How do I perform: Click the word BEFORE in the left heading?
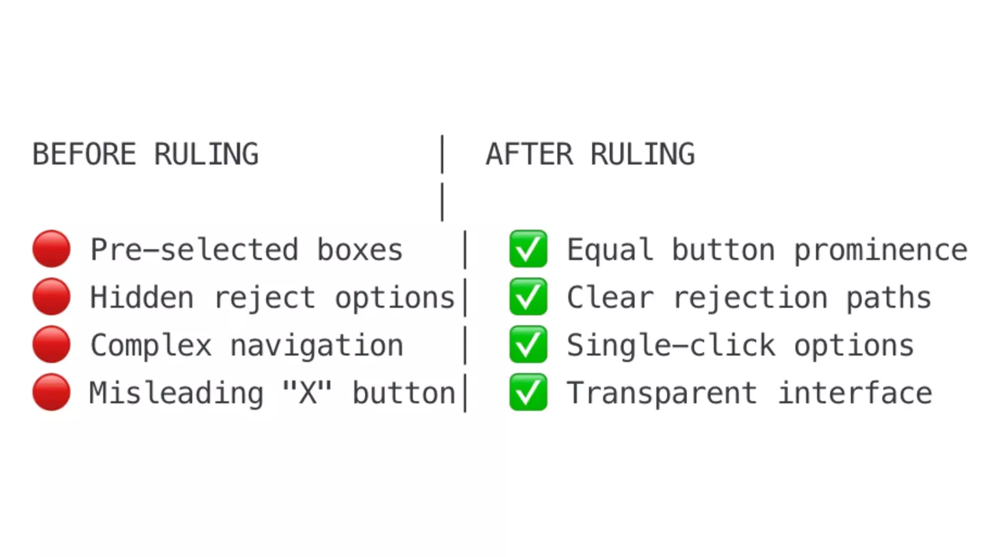pyautogui.click(x=84, y=154)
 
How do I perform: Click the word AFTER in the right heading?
pyautogui.click(x=530, y=154)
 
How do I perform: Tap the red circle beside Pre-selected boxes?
pyautogui.click(x=52, y=249)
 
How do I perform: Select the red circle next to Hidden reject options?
pyautogui.click(x=52, y=297)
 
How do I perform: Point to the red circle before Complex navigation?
pyautogui.click(x=52, y=344)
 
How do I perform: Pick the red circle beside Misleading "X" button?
pyautogui.click(x=52, y=392)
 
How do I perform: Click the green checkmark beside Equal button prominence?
pyautogui.click(x=528, y=249)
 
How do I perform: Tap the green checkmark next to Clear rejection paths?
pyautogui.click(x=528, y=297)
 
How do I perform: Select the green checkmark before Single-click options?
pyautogui.click(x=528, y=344)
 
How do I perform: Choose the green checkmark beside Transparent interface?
pyautogui.click(x=528, y=392)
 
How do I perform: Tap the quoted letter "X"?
pyautogui.click(x=307, y=393)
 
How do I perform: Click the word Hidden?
pyautogui.click(x=142, y=298)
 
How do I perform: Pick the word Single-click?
pyautogui.click(x=671, y=346)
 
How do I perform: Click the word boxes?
pyautogui.click(x=360, y=250)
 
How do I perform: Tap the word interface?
pyautogui.click(x=855, y=393)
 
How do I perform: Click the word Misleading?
pyautogui.click(x=176, y=395)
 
